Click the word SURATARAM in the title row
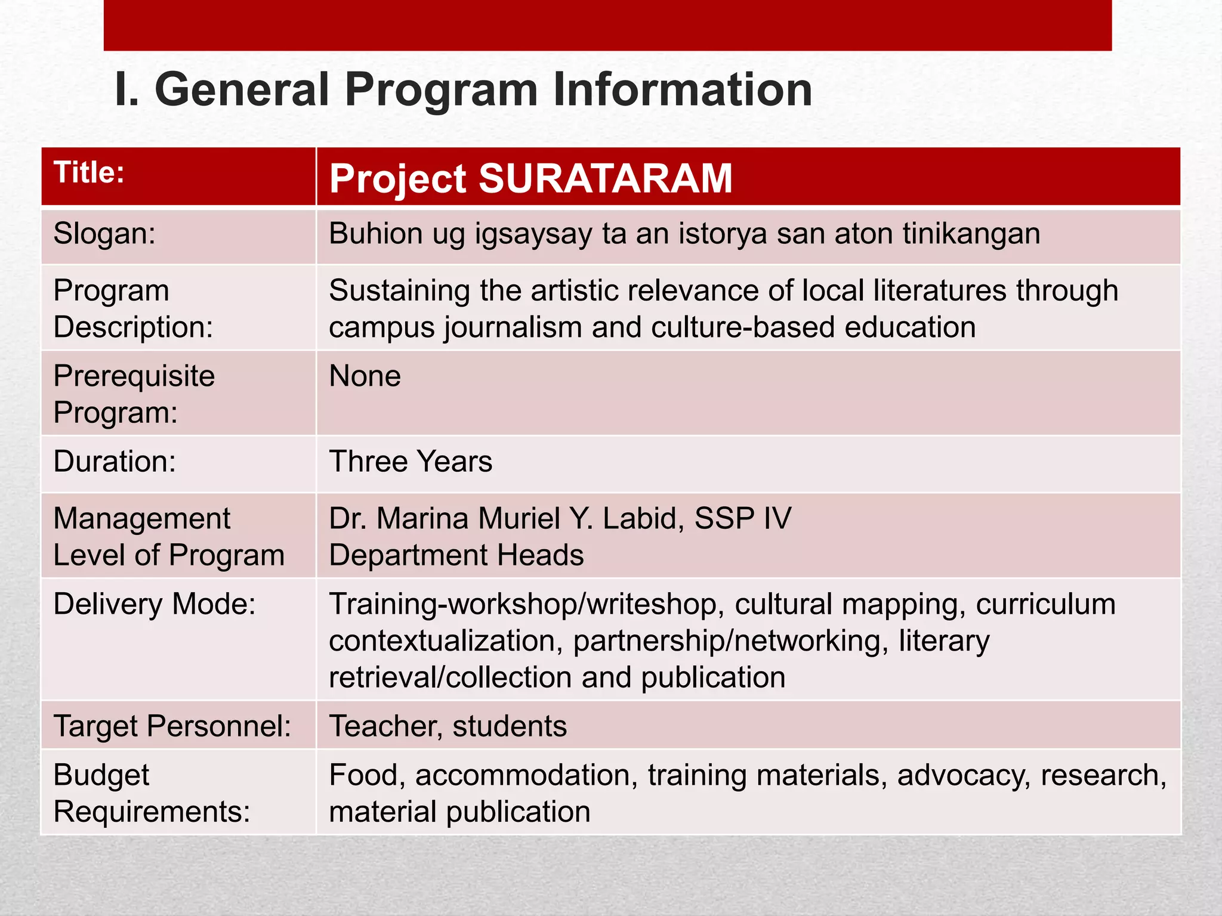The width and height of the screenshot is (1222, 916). [x=605, y=178]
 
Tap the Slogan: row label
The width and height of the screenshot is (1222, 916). [x=104, y=233]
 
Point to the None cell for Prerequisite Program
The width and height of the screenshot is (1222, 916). [x=365, y=376]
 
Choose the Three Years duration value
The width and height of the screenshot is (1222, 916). [x=411, y=462]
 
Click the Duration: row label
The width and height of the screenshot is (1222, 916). [x=115, y=462]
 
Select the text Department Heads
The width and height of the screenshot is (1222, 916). [x=456, y=555]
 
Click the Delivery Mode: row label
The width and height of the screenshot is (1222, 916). [x=155, y=604]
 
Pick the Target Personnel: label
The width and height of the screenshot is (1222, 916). [x=172, y=726]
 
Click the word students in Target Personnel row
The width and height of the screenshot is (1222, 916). [x=509, y=726]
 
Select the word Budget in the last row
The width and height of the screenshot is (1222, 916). [x=101, y=775]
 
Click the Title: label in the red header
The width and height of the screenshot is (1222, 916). [x=89, y=173]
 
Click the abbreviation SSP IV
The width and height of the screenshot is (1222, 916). [x=742, y=518]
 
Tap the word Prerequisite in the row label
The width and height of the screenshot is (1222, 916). [x=134, y=376]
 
